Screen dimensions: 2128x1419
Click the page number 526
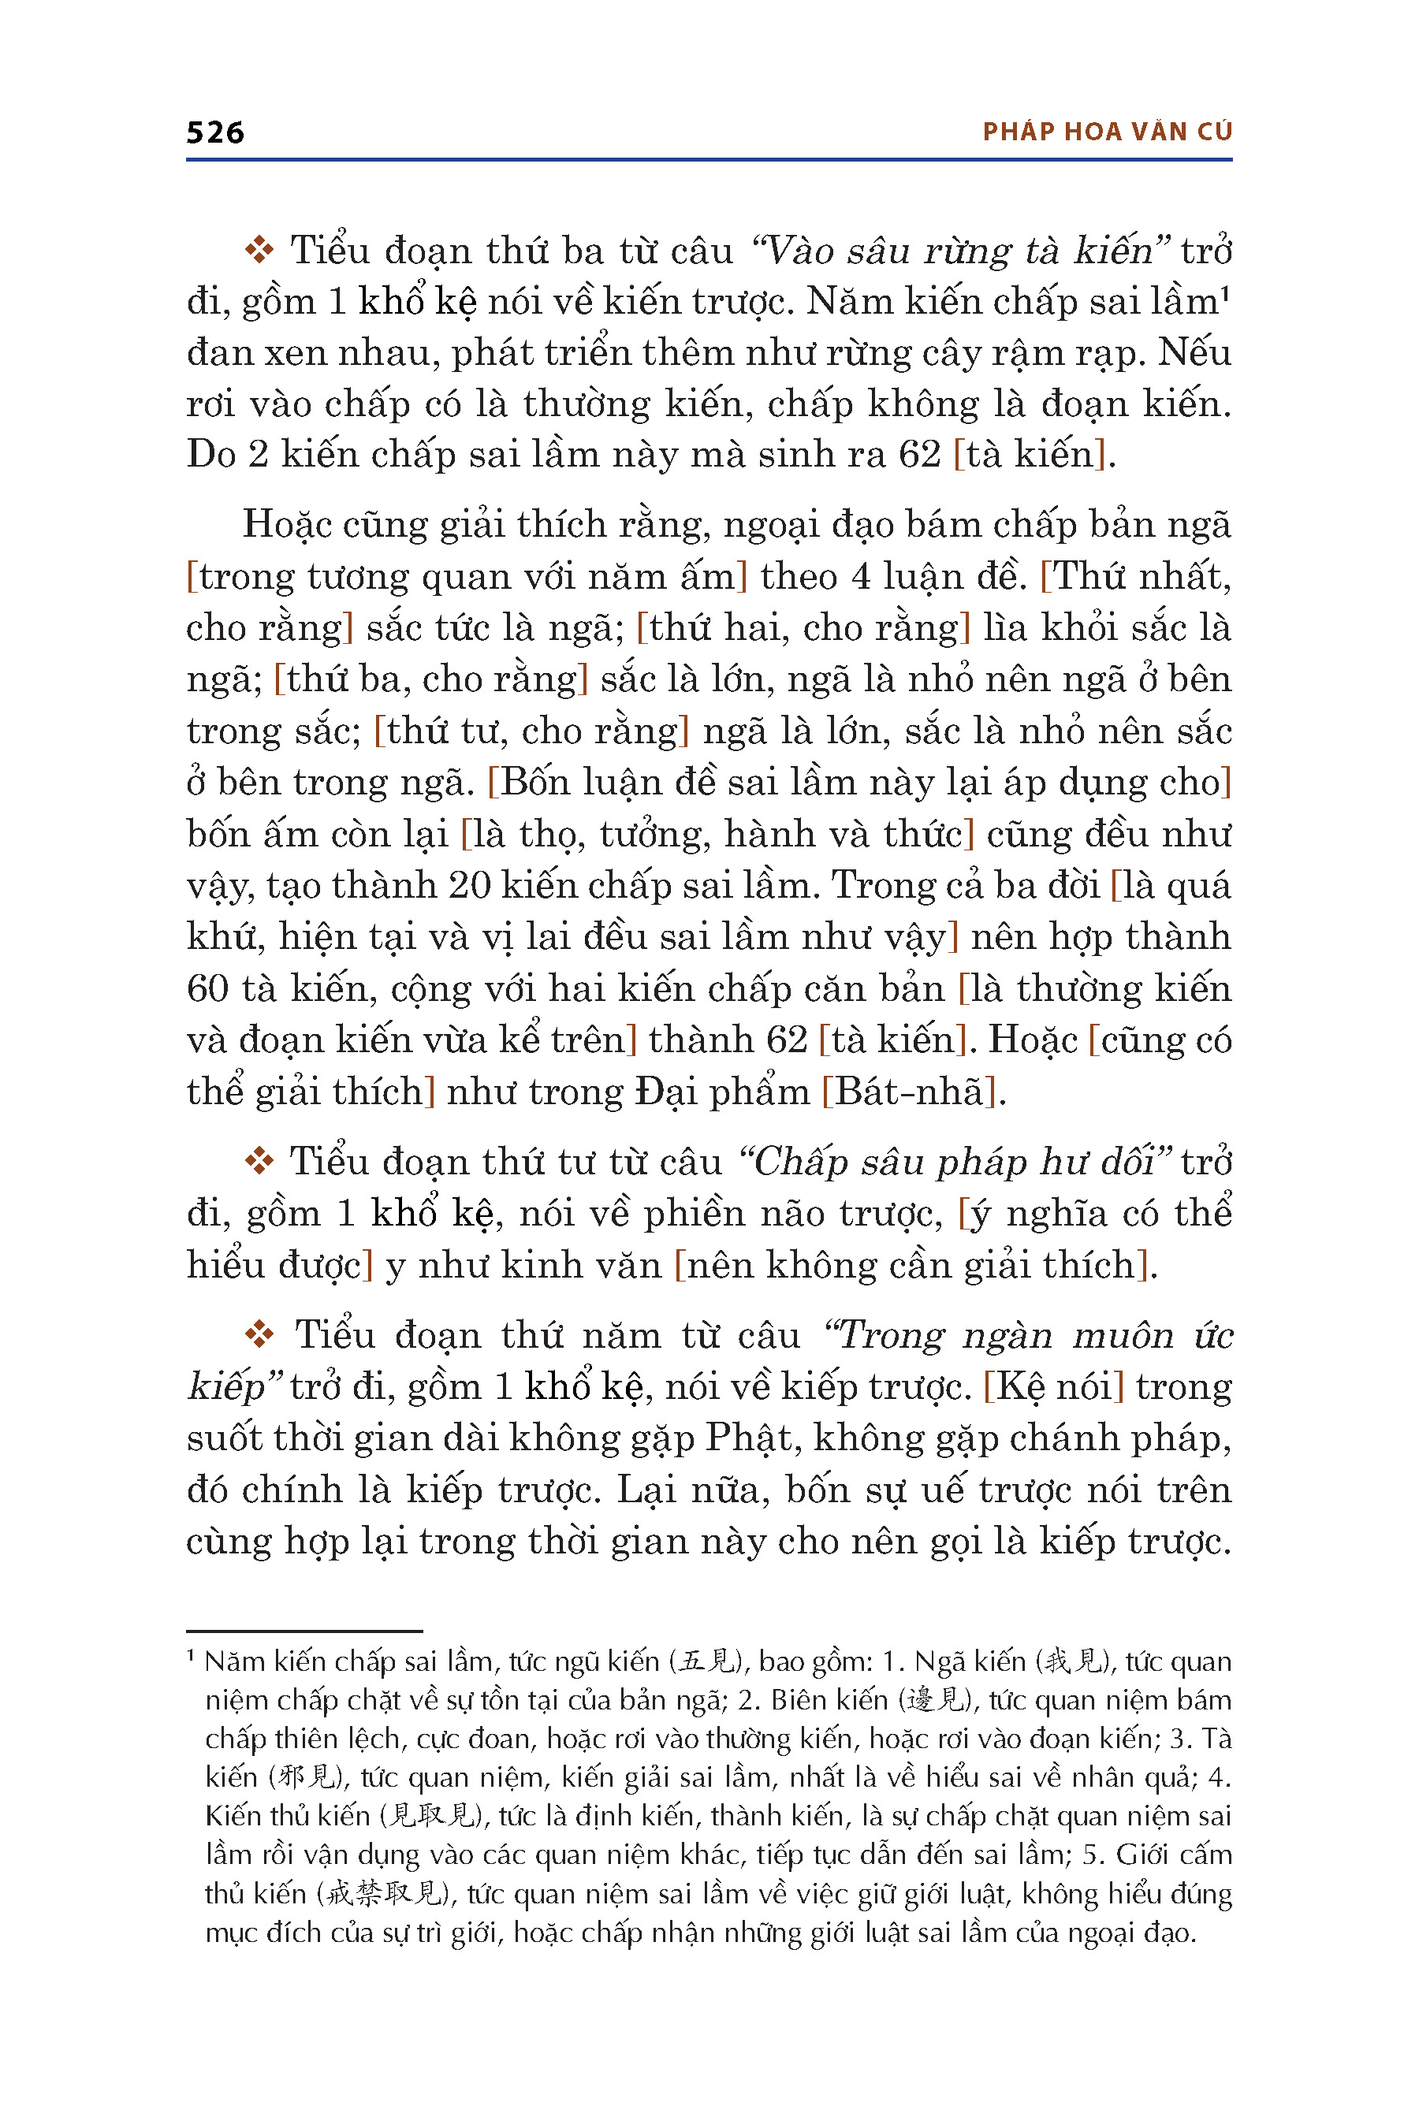coord(214,133)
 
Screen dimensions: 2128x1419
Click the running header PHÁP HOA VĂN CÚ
coord(1107,132)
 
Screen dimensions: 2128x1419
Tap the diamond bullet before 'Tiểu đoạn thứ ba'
coord(259,250)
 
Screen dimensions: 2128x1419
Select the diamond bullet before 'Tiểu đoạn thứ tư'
coord(259,1161)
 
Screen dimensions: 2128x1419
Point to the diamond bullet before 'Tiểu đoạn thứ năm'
coord(259,1334)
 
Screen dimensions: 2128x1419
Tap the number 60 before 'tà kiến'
coord(207,988)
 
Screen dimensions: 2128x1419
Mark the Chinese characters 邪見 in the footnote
coord(308,1778)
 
